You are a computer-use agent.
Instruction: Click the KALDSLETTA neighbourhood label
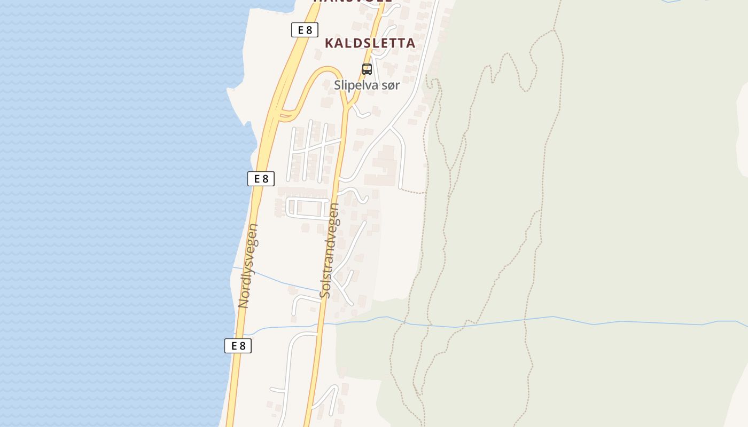[370, 43]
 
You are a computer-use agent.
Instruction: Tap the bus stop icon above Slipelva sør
[367, 69]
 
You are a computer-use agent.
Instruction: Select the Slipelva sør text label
[367, 85]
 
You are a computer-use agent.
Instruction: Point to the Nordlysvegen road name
[248, 266]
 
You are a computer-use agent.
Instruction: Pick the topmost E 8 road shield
[305, 30]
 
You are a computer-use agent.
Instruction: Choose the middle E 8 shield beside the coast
[261, 179]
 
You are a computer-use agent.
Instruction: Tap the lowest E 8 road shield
[238, 345]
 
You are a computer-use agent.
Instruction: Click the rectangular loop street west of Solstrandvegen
[308, 208]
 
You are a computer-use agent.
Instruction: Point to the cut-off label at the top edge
[353, 2]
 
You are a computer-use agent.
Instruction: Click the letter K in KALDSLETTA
[329, 43]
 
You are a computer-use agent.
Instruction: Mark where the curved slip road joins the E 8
[283, 113]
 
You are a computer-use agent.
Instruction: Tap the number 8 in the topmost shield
[309, 30]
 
